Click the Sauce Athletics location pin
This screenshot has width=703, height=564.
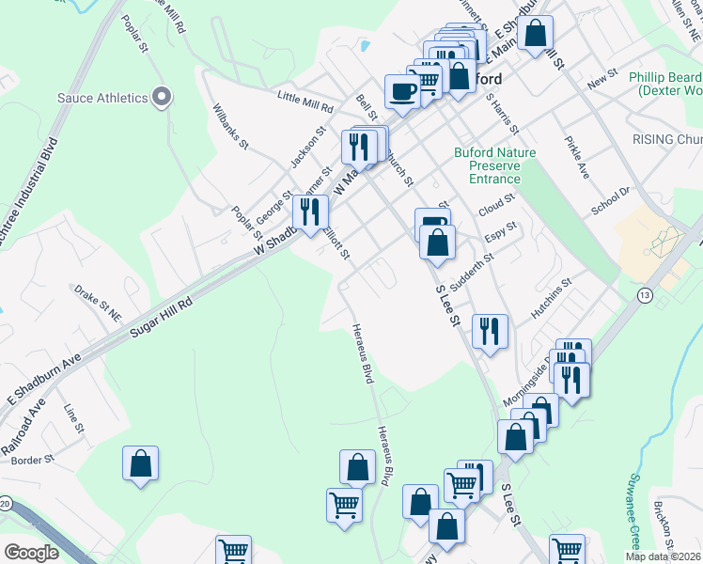162,97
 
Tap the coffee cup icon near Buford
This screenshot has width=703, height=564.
402,91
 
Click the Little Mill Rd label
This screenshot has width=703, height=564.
305,102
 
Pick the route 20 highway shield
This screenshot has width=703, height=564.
6,505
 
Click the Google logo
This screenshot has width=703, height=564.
31,552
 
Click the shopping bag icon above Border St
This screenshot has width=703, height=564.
140,463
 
